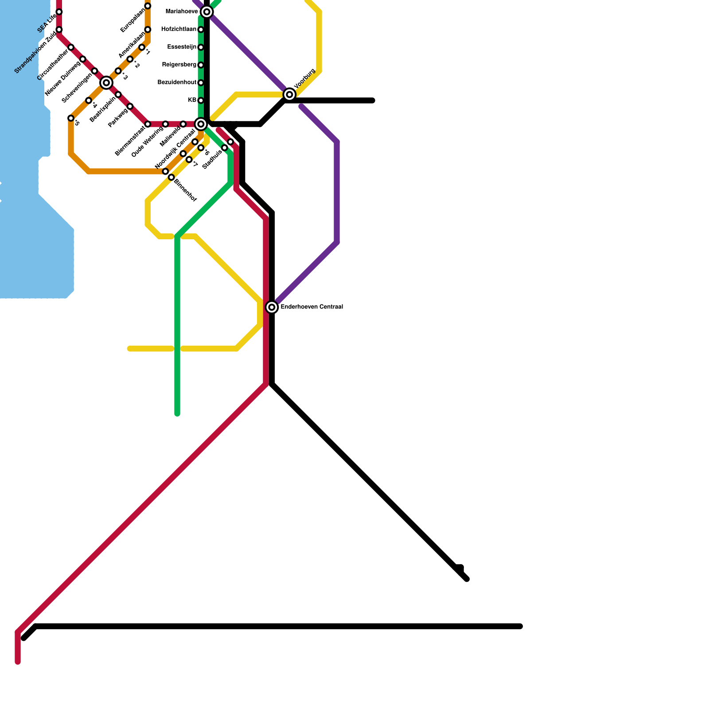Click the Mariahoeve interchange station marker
[206, 12]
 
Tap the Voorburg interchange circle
[289, 94]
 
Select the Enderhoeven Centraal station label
[312, 307]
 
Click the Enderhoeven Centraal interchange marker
[272, 307]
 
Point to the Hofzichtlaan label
[179, 29]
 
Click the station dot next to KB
[201, 101]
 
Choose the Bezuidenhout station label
[177, 82]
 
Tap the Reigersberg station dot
[201, 65]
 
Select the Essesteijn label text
[182, 47]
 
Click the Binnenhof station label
[185, 190]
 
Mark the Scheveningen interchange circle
[106, 82]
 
